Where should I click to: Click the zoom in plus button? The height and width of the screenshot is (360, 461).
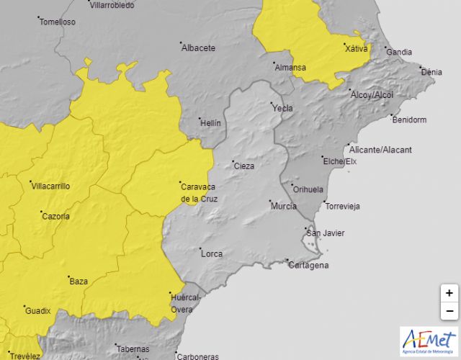tap(449, 293)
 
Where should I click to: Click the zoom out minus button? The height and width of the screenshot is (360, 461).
tap(449, 311)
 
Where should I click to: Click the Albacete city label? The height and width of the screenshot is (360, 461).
tap(199, 48)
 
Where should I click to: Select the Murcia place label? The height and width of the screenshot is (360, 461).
tap(283, 206)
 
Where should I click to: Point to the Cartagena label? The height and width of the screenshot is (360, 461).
tap(308, 265)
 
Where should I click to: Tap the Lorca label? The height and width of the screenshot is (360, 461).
tap(212, 253)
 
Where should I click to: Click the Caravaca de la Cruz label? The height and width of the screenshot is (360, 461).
tap(199, 192)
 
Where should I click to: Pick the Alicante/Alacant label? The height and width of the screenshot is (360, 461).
tap(380, 150)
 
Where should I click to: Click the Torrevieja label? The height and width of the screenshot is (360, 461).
tap(343, 206)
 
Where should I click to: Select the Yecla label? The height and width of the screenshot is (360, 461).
tap(282, 108)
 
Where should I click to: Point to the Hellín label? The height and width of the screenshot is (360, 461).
tap(210, 123)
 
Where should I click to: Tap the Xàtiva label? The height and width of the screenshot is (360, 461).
tap(356, 49)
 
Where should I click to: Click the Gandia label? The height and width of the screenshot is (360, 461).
tap(399, 52)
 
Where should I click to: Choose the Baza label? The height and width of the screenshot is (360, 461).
tap(78, 282)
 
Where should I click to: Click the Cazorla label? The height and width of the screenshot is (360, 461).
tap(55, 216)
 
